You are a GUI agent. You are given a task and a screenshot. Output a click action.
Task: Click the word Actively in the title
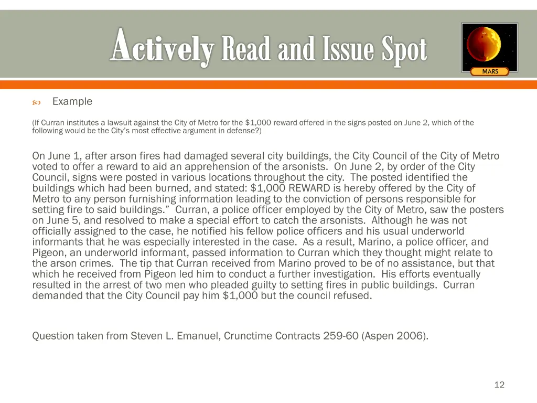pyautogui.click(x=162, y=50)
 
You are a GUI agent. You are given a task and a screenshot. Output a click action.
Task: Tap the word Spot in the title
pyautogui.click(x=404, y=50)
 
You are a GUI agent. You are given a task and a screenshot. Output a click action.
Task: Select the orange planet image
pyautogui.click(x=489, y=46)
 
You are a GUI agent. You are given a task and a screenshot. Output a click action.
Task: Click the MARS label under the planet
pyautogui.click(x=490, y=71)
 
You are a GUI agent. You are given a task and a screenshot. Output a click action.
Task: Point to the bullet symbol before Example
pyautogui.click(x=36, y=102)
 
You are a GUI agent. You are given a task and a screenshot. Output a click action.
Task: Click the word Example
pyautogui.click(x=72, y=102)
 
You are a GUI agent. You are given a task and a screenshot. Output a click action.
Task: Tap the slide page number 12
pyautogui.click(x=499, y=385)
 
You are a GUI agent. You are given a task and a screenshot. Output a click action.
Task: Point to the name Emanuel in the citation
pyautogui.click(x=197, y=336)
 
